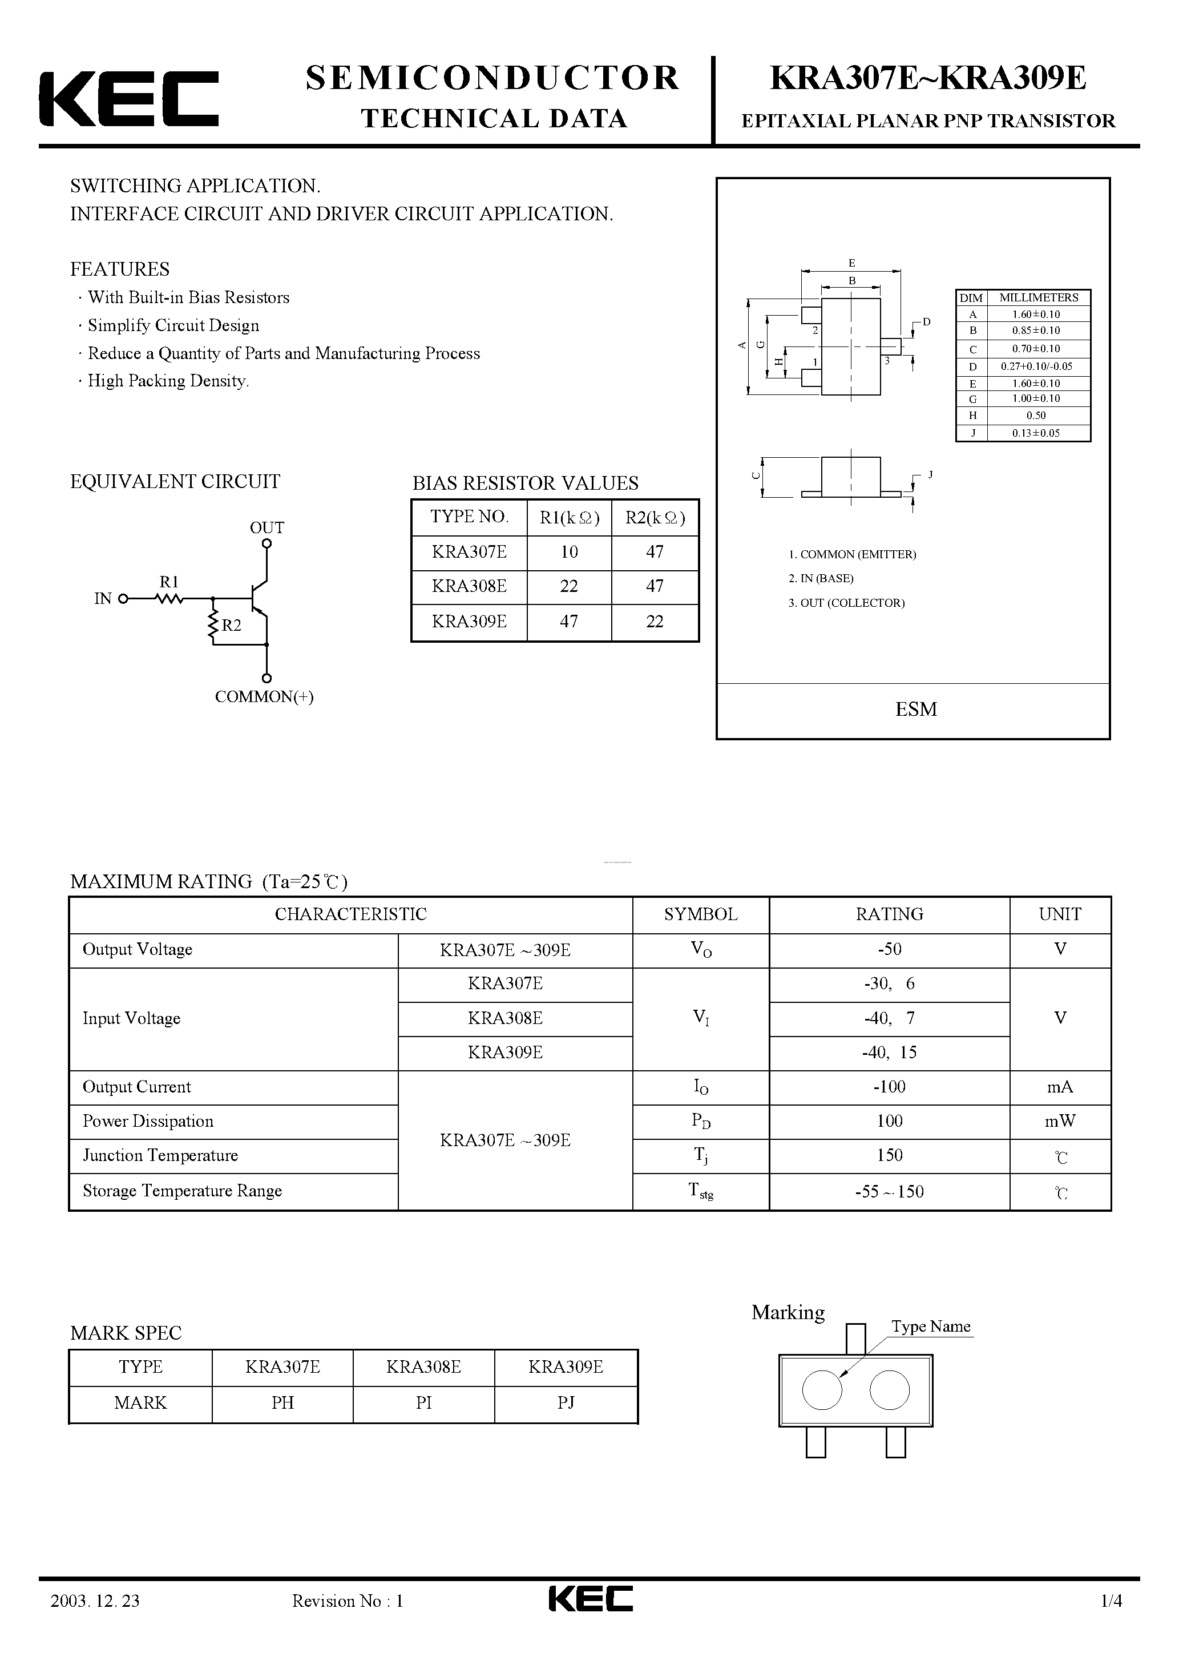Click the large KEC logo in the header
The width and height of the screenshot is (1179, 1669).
[x=128, y=99]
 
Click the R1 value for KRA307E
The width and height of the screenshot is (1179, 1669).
[x=569, y=553]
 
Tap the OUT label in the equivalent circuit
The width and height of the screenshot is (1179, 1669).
[x=267, y=528]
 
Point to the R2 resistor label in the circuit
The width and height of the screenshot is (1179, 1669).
[x=232, y=625]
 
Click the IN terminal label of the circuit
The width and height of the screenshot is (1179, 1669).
[x=103, y=599]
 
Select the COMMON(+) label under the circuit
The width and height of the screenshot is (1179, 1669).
[x=264, y=697]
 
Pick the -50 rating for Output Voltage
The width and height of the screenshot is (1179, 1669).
[x=889, y=949]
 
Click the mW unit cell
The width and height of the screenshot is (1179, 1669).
[x=1060, y=1122]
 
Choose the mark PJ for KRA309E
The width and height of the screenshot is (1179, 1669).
[x=566, y=1403]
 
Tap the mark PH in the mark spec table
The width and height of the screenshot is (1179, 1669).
[x=282, y=1403]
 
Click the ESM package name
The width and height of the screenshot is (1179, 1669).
[x=916, y=709]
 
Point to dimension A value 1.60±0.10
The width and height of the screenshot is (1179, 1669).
[x=1036, y=315]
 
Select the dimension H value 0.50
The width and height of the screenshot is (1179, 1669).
[x=1036, y=416]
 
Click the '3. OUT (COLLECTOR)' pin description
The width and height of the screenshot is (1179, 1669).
[x=847, y=603]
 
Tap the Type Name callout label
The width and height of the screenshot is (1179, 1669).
[x=931, y=1327]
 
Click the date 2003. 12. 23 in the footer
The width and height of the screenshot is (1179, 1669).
[x=95, y=1622]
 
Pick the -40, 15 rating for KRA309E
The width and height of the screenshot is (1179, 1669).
[x=889, y=1053]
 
